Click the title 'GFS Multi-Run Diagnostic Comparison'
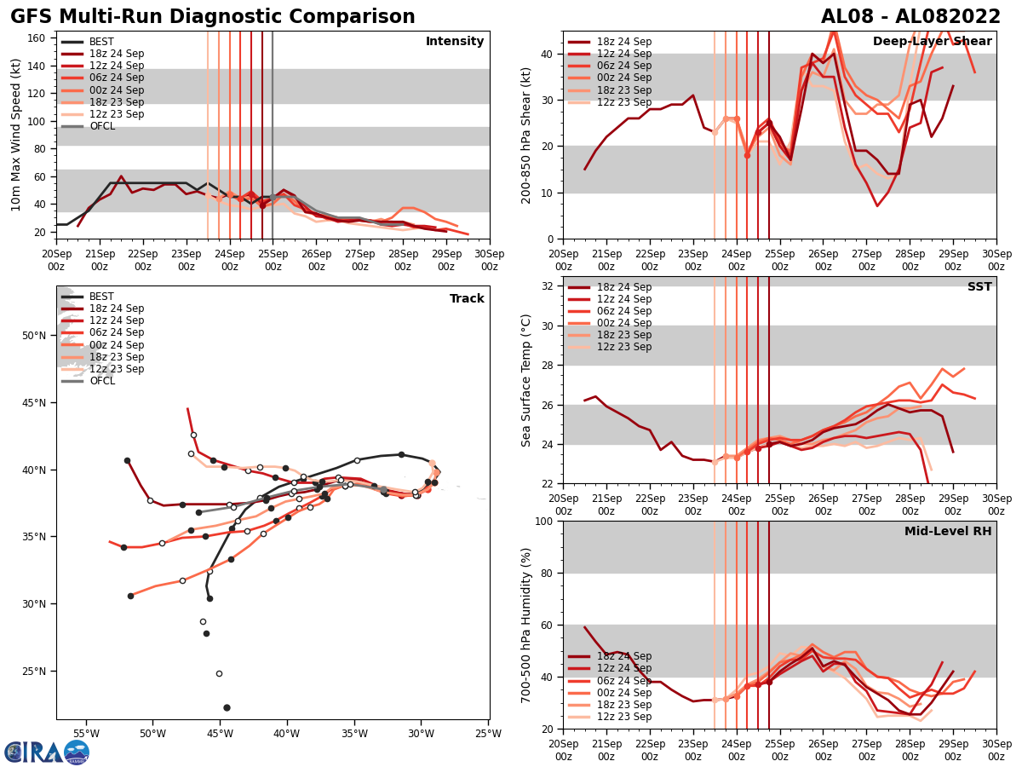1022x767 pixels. tap(213, 17)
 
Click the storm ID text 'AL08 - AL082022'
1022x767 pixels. tap(910, 17)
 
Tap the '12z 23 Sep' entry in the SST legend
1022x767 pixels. tap(623, 347)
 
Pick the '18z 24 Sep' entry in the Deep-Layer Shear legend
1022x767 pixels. tap(623, 42)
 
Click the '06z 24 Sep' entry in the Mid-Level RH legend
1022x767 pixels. tap(623, 681)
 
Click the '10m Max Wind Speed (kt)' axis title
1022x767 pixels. tap(16, 134)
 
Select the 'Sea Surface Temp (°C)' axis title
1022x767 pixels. tap(526, 380)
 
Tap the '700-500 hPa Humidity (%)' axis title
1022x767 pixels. tap(526, 625)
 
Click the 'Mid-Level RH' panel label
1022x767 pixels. tap(948, 532)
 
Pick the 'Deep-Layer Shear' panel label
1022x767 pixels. tap(932, 42)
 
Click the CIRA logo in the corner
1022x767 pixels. tap(46, 752)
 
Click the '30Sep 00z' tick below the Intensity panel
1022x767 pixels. tap(489, 259)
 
